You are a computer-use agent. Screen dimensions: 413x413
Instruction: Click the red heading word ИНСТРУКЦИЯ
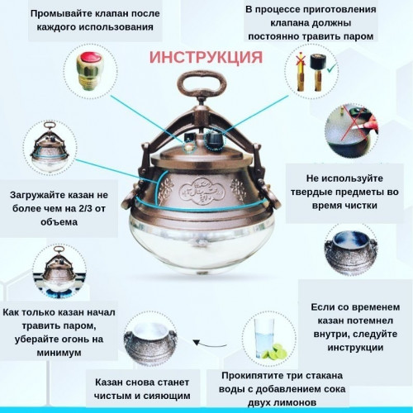(x=206, y=59)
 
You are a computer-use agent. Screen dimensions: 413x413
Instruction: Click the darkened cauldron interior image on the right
(x=353, y=253)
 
